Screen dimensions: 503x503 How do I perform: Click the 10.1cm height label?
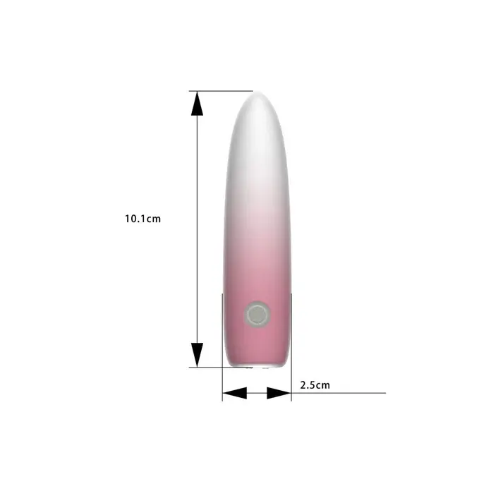(x=143, y=219)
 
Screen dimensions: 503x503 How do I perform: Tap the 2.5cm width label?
(x=315, y=385)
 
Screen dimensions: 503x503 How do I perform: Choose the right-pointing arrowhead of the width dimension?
(x=279, y=393)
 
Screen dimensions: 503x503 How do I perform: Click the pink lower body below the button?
(x=257, y=346)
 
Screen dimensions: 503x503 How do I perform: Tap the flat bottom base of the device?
(x=257, y=366)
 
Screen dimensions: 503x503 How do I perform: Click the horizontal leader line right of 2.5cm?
(x=353, y=393)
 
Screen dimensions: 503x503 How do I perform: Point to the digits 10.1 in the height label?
(x=137, y=219)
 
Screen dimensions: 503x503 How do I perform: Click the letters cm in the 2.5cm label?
(x=323, y=385)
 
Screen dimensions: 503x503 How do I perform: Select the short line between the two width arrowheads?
(x=257, y=393)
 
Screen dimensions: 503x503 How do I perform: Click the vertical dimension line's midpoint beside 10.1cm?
(x=198, y=229)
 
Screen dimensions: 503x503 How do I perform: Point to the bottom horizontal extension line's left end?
(x=190, y=367)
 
